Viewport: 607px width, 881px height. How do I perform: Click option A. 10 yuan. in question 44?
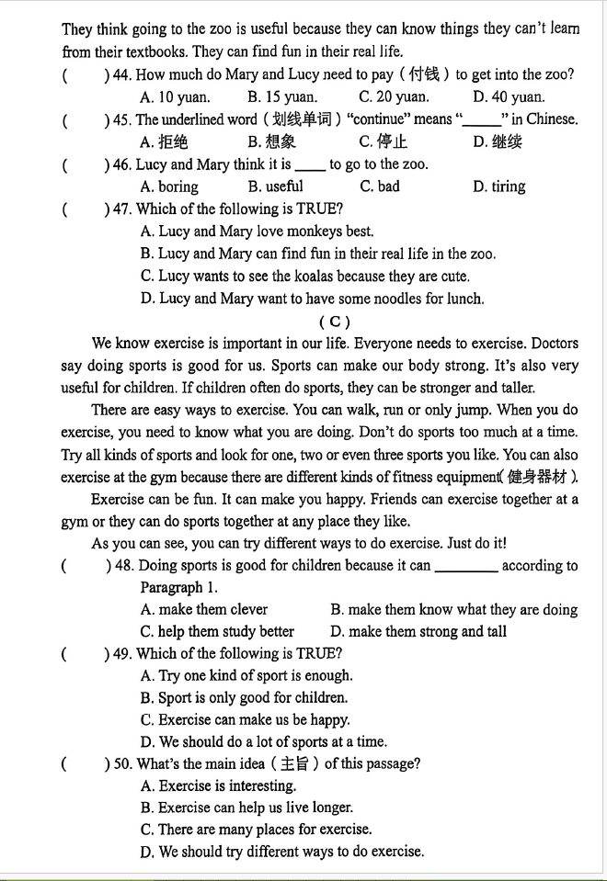coord(175,96)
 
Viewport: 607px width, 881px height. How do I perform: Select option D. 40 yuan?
coord(509,96)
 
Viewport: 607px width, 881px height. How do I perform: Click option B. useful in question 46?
coord(275,186)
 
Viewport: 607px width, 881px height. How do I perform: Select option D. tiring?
coord(499,186)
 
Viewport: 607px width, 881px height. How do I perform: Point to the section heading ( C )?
coord(334,322)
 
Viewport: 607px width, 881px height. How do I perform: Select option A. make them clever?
coord(204,609)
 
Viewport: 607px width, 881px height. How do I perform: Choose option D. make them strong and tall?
coord(418,631)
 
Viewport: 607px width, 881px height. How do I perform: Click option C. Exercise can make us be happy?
coord(245,719)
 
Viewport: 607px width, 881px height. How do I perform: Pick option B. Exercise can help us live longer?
coord(246,808)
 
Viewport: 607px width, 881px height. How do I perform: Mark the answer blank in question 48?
coord(465,567)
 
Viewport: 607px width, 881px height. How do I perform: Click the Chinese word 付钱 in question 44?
coord(424,74)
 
